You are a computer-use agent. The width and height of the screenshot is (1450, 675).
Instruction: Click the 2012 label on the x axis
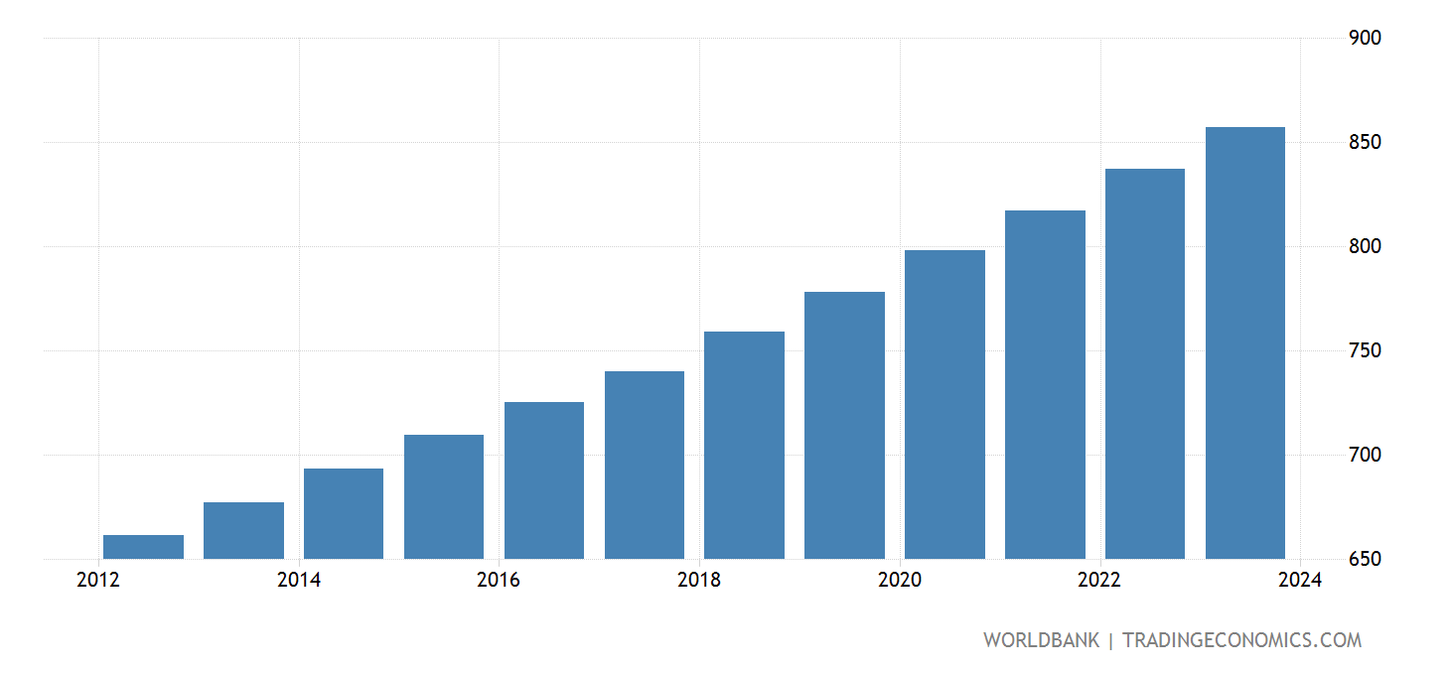(x=98, y=581)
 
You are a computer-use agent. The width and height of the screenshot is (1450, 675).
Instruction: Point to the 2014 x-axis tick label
(x=299, y=581)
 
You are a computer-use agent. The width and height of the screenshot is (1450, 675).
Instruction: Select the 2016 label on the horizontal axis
(x=499, y=581)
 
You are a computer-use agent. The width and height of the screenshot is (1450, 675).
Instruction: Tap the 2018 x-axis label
(x=699, y=581)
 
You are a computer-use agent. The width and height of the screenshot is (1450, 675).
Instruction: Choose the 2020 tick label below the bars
(x=900, y=581)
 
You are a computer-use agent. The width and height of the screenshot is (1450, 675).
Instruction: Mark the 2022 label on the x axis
(x=1099, y=581)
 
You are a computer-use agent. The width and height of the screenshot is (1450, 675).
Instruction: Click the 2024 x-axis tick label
(x=1300, y=581)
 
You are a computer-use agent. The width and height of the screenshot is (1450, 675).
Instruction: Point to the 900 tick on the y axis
(x=1366, y=38)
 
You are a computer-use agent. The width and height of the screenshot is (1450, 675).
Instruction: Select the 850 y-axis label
(x=1366, y=142)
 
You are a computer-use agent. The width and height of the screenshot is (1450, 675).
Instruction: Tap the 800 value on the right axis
(x=1366, y=246)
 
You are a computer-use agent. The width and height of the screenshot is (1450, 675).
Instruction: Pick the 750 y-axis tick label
(x=1366, y=350)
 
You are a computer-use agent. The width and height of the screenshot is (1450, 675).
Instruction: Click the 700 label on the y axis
(x=1366, y=455)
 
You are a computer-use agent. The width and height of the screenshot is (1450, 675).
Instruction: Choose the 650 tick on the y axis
(x=1366, y=559)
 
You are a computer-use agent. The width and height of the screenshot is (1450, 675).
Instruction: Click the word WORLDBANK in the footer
(x=1041, y=640)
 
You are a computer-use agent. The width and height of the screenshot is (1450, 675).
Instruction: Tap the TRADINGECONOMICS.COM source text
(x=1241, y=640)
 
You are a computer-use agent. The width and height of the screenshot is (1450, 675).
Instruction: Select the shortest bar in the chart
(x=143, y=547)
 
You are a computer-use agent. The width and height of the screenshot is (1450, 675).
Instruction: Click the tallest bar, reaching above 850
(x=1245, y=342)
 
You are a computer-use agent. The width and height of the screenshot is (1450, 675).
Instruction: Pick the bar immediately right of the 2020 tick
(x=944, y=404)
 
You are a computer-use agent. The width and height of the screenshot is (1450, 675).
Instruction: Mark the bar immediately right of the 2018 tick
(x=744, y=445)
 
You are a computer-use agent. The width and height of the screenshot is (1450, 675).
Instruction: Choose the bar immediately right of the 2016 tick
(x=544, y=480)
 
